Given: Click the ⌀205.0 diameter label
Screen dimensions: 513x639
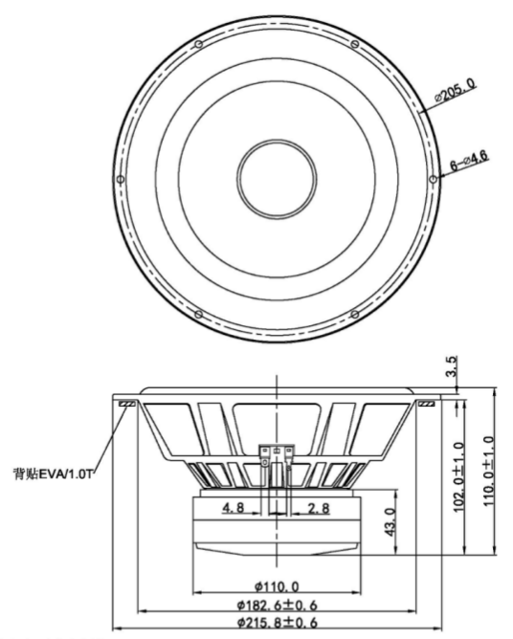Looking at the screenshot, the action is point(455,90).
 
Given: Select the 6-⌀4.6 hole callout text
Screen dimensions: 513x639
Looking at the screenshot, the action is point(469,161).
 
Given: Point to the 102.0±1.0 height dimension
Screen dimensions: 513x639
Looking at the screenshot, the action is point(459,476).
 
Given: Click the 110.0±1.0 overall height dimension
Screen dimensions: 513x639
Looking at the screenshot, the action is point(489,471).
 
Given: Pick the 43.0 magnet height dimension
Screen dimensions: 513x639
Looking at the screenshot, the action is point(390,522).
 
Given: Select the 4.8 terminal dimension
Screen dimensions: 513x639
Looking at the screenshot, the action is point(233,507).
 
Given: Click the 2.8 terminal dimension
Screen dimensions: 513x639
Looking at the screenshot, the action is point(319,508).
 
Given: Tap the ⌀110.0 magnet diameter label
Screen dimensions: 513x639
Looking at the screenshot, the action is point(277,586).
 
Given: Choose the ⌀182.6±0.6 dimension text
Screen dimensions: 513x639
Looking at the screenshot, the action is point(277,606).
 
